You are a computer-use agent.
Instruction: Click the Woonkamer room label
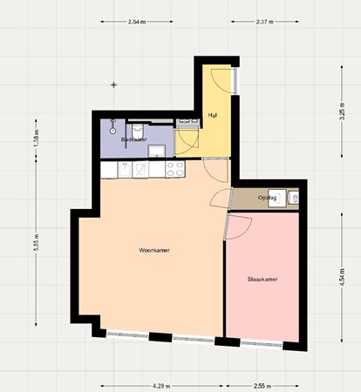coord(153,250)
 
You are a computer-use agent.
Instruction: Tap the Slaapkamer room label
coord(262,280)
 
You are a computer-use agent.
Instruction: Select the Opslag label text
coord(267,199)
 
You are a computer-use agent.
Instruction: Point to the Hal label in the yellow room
coord(212,116)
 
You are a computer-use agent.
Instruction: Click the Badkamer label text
coord(133,139)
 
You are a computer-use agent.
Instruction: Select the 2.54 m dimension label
coord(136,21)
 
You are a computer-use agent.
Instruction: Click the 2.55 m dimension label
coord(262,383)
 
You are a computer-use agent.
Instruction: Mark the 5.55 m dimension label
coord(36,247)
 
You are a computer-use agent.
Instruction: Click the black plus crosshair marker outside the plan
coord(114,84)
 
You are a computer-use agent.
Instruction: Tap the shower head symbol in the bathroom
coord(115,123)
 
